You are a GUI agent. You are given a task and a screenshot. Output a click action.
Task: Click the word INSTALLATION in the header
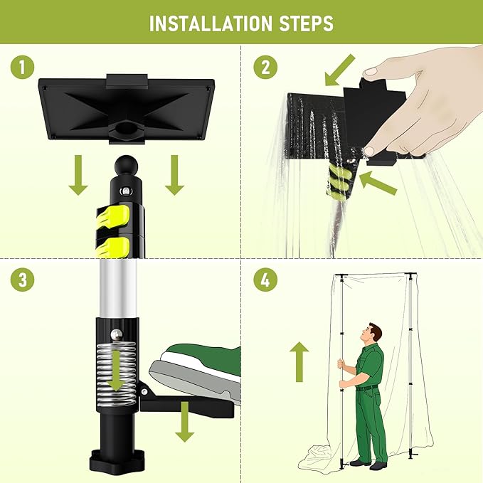(211, 23)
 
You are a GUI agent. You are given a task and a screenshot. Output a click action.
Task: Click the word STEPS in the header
(306, 23)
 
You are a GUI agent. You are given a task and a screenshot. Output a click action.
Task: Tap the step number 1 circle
(23, 67)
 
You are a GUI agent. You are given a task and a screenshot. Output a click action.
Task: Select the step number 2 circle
(265, 67)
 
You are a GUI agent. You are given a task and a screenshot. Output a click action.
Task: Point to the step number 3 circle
(23, 280)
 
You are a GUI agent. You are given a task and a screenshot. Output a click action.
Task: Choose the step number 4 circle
(265, 280)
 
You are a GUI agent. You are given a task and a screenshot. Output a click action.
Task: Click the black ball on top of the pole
(126, 166)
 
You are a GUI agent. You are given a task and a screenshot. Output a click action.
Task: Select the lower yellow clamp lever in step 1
(113, 247)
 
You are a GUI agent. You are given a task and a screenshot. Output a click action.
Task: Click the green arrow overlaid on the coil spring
(116, 371)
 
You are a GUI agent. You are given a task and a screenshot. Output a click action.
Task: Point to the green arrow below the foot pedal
(184, 421)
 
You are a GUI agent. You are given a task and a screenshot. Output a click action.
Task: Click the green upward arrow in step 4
(299, 361)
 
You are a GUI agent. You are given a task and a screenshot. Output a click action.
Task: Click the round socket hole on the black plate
(127, 127)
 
